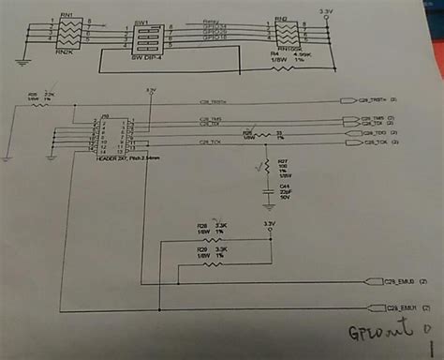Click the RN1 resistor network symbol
point(65,38)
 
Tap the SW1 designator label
point(142,19)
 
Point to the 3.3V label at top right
point(325,11)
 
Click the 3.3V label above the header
point(150,89)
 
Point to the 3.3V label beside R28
point(270,224)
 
